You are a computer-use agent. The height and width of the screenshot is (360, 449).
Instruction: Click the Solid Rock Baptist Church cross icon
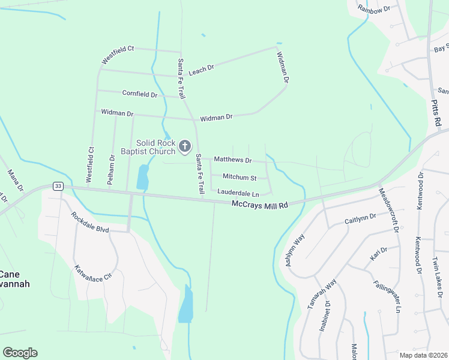(x=185, y=146)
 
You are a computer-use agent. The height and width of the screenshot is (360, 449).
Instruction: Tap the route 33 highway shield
(x=58, y=186)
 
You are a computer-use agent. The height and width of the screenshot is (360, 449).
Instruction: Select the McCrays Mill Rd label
(x=260, y=205)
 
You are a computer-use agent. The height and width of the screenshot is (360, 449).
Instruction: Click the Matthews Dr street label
(x=233, y=160)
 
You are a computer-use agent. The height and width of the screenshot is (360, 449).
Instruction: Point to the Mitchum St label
(x=240, y=178)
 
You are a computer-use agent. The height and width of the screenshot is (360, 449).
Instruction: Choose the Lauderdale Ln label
(x=238, y=194)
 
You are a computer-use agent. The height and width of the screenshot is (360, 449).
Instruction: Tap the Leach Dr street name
(x=201, y=70)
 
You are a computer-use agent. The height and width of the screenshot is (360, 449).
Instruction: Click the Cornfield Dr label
(x=140, y=94)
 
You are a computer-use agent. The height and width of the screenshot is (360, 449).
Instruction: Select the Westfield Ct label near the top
(x=117, y=55)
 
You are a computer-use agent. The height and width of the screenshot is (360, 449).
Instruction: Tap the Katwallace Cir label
(x=93, y=274)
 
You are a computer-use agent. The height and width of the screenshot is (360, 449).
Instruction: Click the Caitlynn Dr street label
(x=360, y=218)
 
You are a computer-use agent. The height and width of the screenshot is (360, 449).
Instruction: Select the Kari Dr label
(x=379, y=253)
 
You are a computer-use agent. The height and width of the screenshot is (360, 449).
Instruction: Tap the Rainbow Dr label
(x=374, y=9)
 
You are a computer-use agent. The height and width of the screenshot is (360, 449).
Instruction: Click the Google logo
(x=20, y=353)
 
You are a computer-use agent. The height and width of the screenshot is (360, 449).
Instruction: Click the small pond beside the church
(x=143, y=177)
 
